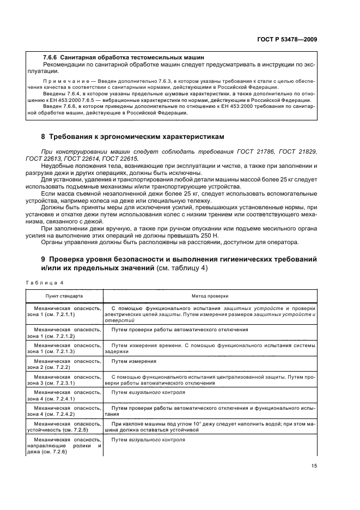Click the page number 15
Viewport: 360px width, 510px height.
[x=314, y=465]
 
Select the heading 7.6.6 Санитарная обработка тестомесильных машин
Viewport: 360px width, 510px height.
[x=124, y=57]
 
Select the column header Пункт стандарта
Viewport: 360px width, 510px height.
[x=64, y=297]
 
